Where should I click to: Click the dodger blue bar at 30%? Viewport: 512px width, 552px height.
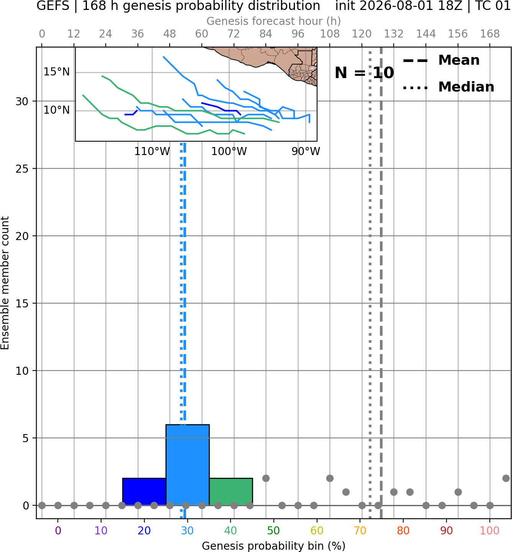187,465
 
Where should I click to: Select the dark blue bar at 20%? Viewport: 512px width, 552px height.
144,492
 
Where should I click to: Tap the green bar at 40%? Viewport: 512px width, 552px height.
231,492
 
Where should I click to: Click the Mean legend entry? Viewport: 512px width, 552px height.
442,60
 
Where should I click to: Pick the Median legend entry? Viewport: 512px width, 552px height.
448,87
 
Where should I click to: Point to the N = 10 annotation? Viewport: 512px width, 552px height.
364,73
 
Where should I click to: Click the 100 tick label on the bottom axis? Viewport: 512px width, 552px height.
489,531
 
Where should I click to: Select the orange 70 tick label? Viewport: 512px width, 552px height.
360,531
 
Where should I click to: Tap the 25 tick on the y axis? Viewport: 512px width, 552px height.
22,169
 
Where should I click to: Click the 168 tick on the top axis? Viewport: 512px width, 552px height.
490,34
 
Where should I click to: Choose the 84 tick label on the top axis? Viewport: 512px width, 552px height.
266,34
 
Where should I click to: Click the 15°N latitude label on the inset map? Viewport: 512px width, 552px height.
56,72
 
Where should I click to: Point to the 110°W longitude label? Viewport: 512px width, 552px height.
152,152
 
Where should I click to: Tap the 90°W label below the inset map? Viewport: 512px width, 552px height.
306,152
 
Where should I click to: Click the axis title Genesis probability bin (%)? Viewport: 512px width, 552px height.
274,546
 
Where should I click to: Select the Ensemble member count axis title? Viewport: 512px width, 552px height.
5,283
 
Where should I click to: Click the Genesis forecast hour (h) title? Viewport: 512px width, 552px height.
274,21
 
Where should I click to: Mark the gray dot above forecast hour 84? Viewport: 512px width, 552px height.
266,479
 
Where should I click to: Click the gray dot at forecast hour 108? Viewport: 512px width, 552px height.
330,479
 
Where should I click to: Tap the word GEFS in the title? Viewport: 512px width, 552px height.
53,6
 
